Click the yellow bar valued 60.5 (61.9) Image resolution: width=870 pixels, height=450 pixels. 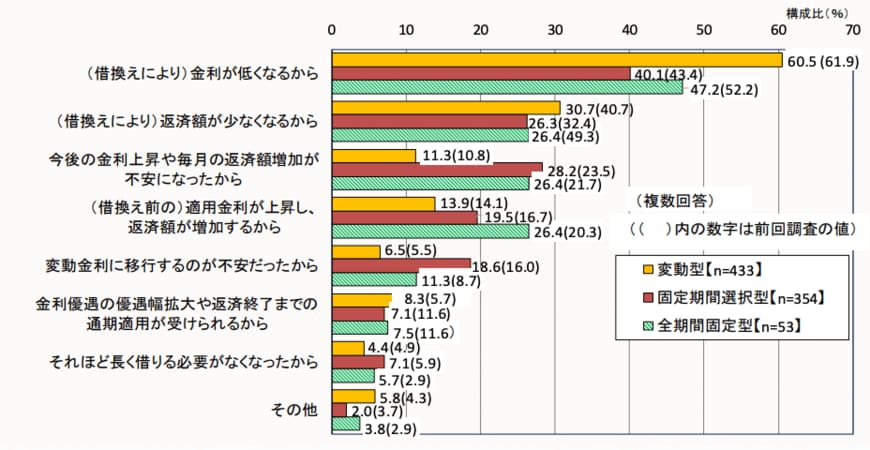pos(556,60)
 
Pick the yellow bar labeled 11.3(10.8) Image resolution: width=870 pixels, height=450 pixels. pos(373,156)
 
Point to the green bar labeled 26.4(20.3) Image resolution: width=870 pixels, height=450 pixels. pos(430,232)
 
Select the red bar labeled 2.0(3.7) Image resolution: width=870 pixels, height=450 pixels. pos(339,410)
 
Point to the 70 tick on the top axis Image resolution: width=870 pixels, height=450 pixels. pos(852,30)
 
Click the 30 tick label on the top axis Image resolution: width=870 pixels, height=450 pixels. pos(555,30)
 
